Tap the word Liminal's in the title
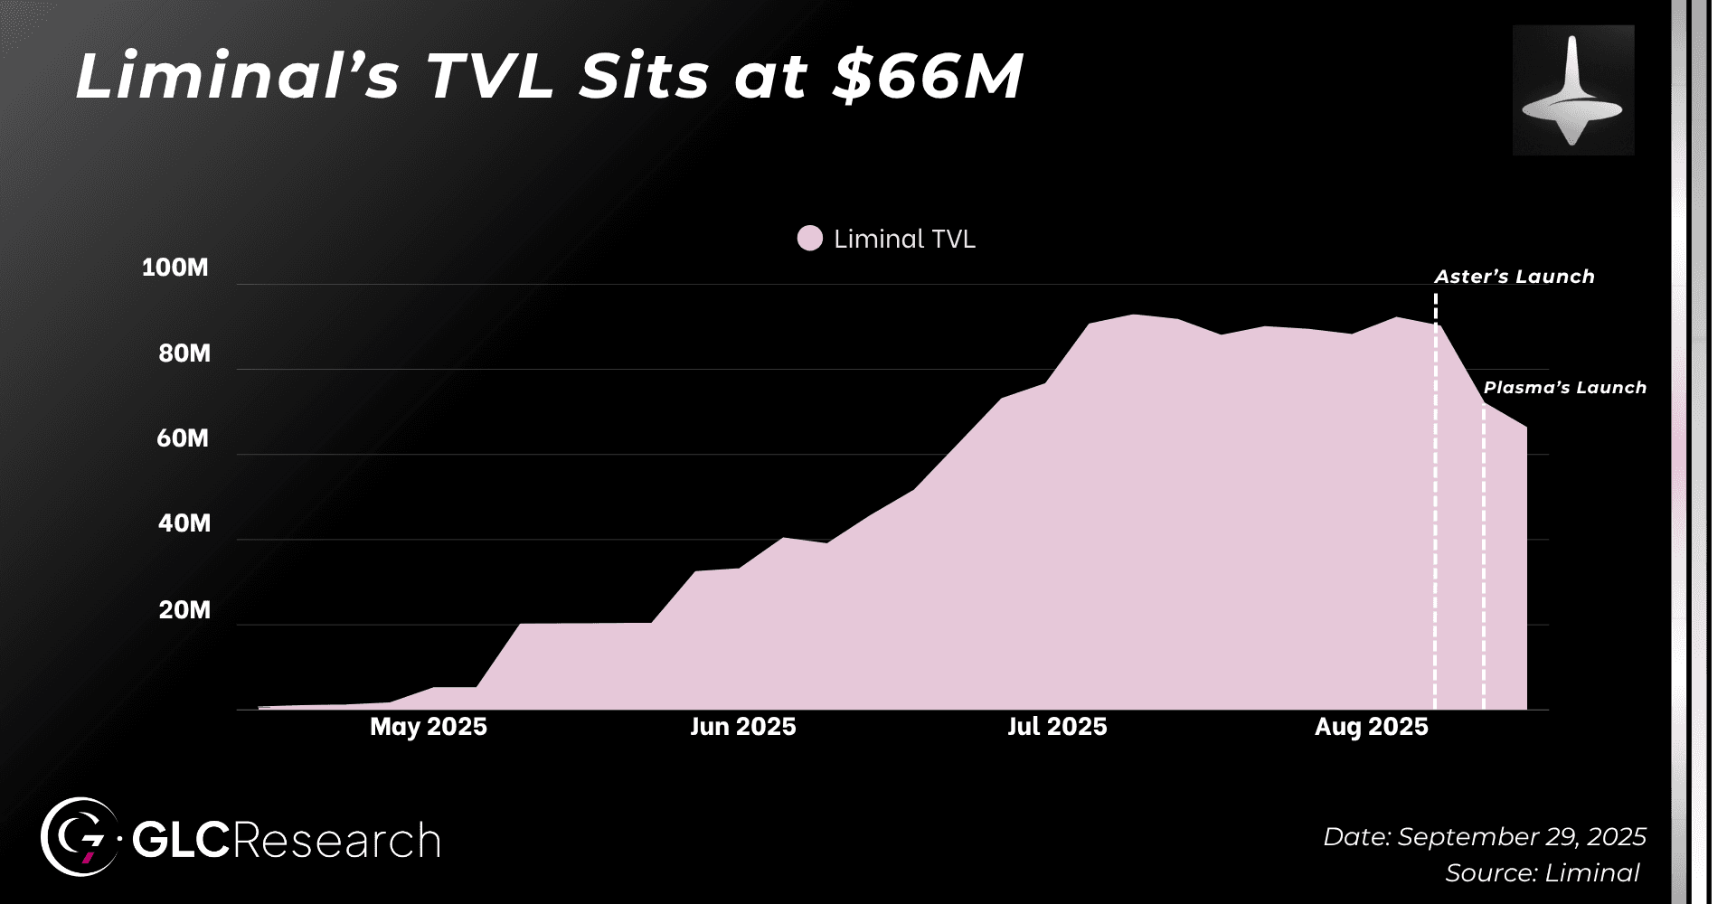(x=237, y=76)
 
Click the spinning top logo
(x=1572, y=90)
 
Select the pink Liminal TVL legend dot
(x=809, y=239)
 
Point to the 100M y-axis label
(x=175, y=268)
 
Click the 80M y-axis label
(x=184, y=353)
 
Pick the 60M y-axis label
(x=183, y=438)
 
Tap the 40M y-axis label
(x=184, y=523)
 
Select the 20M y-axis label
(x=184, y=610)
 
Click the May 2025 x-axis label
(x=428, y=727)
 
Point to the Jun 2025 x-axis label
(x=742, y=727)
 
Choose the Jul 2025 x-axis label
(x=1057, y=727)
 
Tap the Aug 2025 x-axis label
(x=1371, y=727)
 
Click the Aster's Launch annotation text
(x=1515, y=277)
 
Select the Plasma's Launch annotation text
(x=1564, y=388)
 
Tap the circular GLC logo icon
(x=80, y=837)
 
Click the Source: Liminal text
(x=1542, y=873)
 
